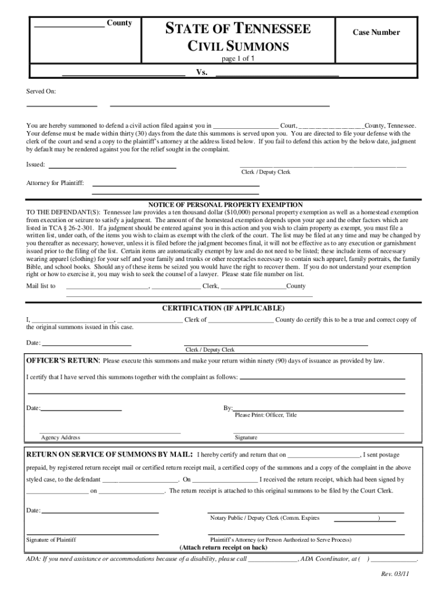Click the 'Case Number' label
[x=376, y=32]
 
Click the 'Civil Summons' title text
[x=237, y=46]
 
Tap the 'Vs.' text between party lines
[x=201, y=73]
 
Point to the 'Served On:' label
[x=41, y=92]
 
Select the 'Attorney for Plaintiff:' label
[x=55, y=183]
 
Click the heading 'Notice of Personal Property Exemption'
[x=225, y=205]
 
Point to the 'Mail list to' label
[x=41, y=286]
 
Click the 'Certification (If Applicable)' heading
[x=223, y=308]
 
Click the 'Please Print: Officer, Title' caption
[x=265, y=415]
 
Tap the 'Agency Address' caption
[x=60, y=437]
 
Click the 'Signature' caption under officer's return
[x=246, y=437]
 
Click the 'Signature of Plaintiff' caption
[x=51, y=539]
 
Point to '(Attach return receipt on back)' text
[x=223, y=548]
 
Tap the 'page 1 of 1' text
[x=239, y=59]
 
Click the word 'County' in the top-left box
[x=119, y=23]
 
